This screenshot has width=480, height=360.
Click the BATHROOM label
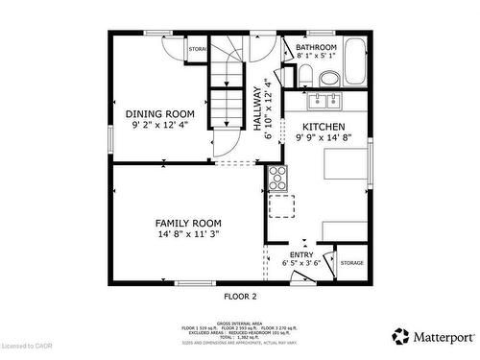pos(315,47)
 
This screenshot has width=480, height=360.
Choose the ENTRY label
pos(301,254)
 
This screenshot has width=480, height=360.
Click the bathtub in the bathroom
pos(354,62)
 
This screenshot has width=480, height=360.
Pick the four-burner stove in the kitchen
pos(276,176)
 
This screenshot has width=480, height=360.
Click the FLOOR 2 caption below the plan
pos(240,297)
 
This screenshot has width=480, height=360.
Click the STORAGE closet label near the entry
pos(351,262)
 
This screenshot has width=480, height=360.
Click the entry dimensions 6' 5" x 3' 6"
pos(301,264)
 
